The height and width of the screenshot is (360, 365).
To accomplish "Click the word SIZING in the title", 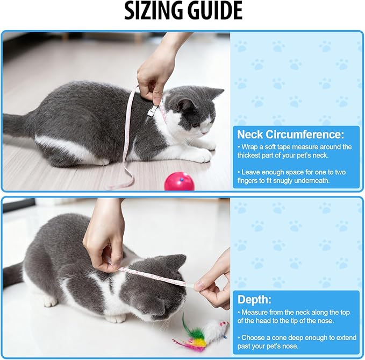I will (153, 11).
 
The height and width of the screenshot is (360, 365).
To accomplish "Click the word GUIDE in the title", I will (214, 11).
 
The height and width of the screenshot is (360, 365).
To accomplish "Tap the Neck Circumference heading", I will (290, 134).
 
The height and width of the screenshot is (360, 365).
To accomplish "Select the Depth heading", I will (255, 299).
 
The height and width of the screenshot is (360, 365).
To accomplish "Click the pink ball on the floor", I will (179, 181).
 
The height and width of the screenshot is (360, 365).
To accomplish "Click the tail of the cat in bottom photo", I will (13, 274).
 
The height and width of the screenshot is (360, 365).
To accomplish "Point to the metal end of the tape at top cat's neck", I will (153, 111).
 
